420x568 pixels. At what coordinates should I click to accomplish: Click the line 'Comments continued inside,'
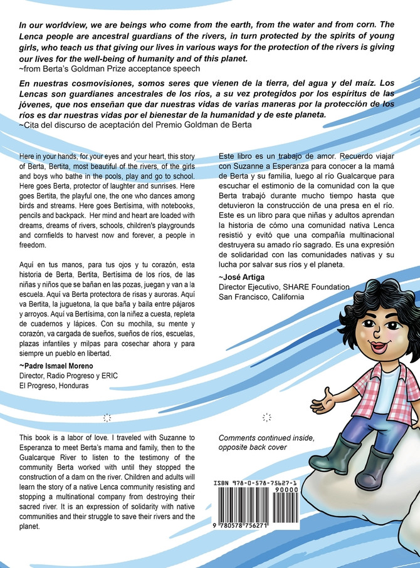pyautogui.click(x=263, y=437)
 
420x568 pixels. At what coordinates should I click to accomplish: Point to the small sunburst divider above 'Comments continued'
pyautogui.click(x=266, y=416)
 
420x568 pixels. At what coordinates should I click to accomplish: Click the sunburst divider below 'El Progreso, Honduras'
pyautogui.click(x=106, y=416)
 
